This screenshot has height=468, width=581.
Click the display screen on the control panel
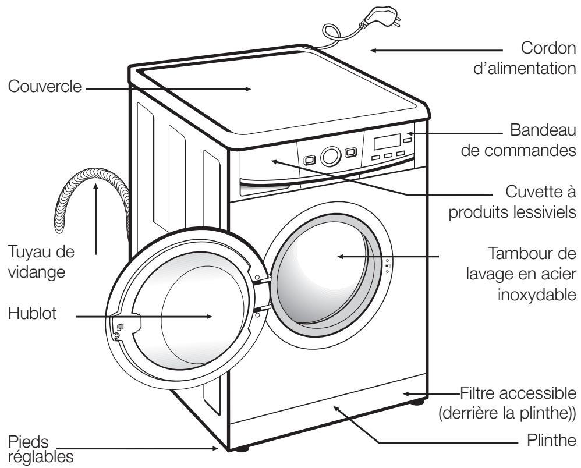coord(387,142)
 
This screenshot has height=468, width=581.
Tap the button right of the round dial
coord(349,153)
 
